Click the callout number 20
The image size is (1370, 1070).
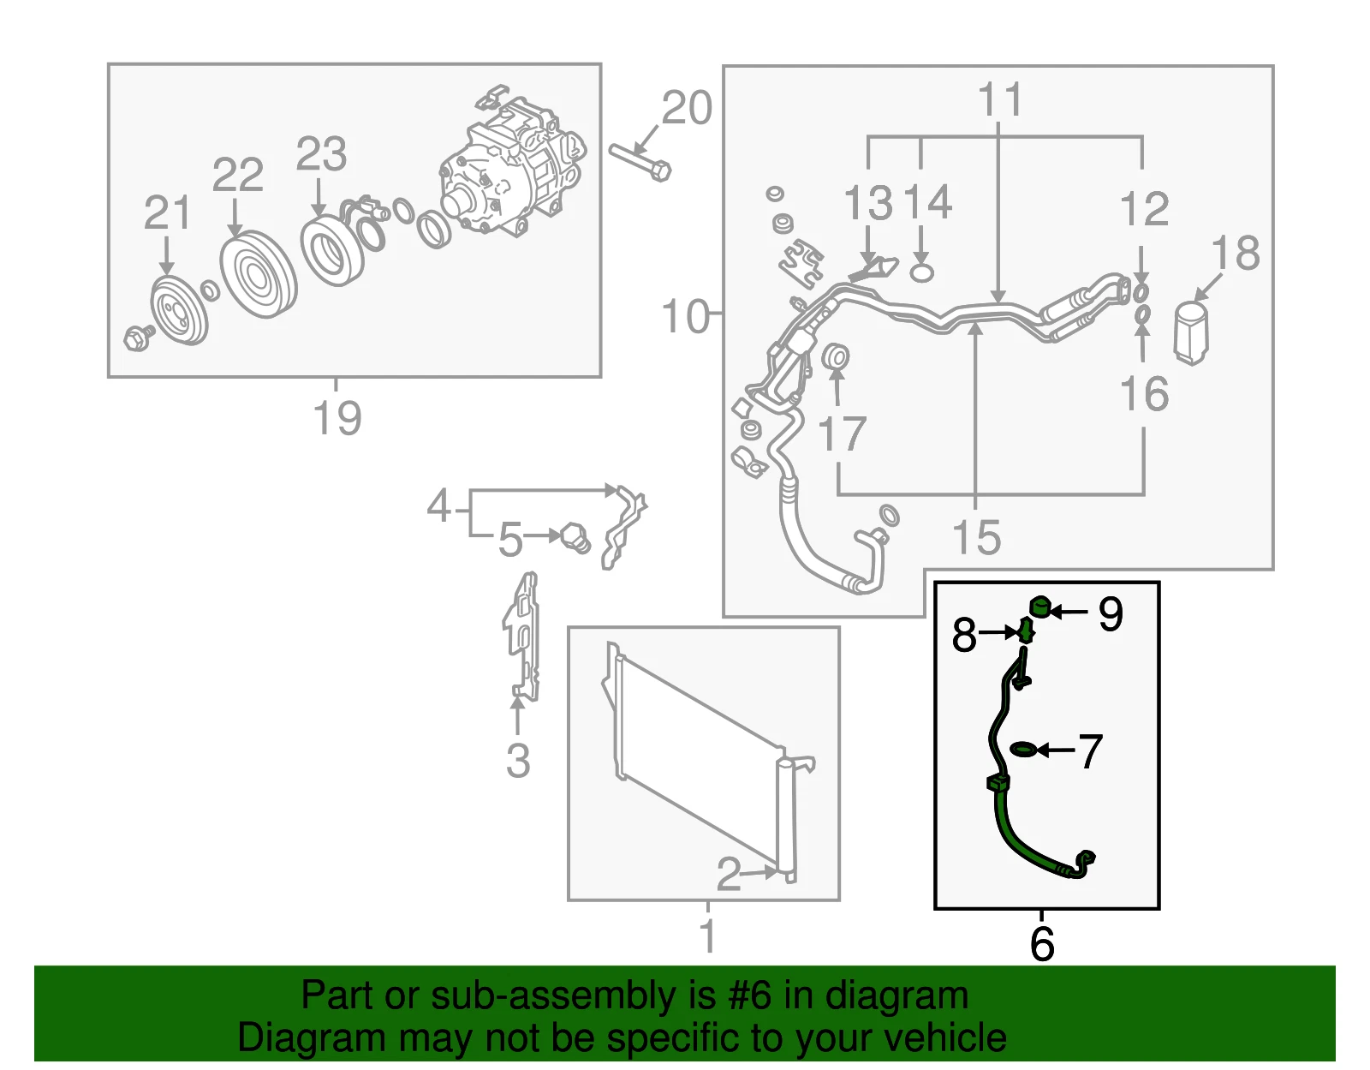point(688,108)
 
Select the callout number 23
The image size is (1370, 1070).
point(322,153)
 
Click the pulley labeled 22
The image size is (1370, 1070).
point(259,274)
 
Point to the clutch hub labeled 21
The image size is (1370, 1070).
point(179,310)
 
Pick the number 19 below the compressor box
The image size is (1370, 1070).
point(337,417)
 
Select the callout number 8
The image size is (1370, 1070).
point(964,635)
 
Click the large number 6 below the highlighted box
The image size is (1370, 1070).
point(1042,944)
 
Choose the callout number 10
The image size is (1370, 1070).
point(686,316)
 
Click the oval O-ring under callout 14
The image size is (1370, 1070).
point(921,273)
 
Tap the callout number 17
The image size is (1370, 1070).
point(842,433)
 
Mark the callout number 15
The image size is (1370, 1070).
point(977,537)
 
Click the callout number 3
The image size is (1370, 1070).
point(518,761)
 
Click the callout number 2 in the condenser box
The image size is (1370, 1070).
point(729,875)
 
